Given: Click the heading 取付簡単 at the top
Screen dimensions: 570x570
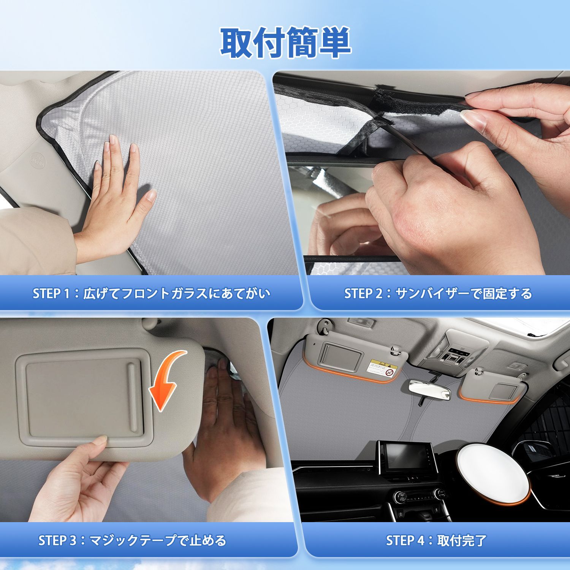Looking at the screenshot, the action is (x=285, y=43).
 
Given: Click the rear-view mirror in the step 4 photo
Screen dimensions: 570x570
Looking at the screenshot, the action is (x=427, y=390).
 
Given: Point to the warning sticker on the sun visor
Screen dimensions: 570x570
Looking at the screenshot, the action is (x=382, y=368).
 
